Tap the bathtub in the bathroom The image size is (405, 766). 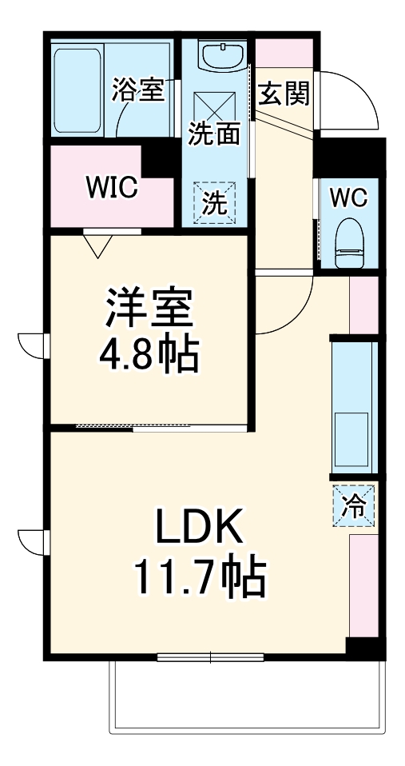tap(77, 90)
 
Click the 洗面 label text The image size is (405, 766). tap(213, 134)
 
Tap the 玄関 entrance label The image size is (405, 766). tap(283, 95)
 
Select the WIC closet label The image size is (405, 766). tap(112, 188)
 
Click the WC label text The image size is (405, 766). tap(348, 197)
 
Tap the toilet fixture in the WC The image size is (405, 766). tap(349, 243)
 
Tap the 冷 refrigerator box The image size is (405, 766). tap(351, 505)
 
